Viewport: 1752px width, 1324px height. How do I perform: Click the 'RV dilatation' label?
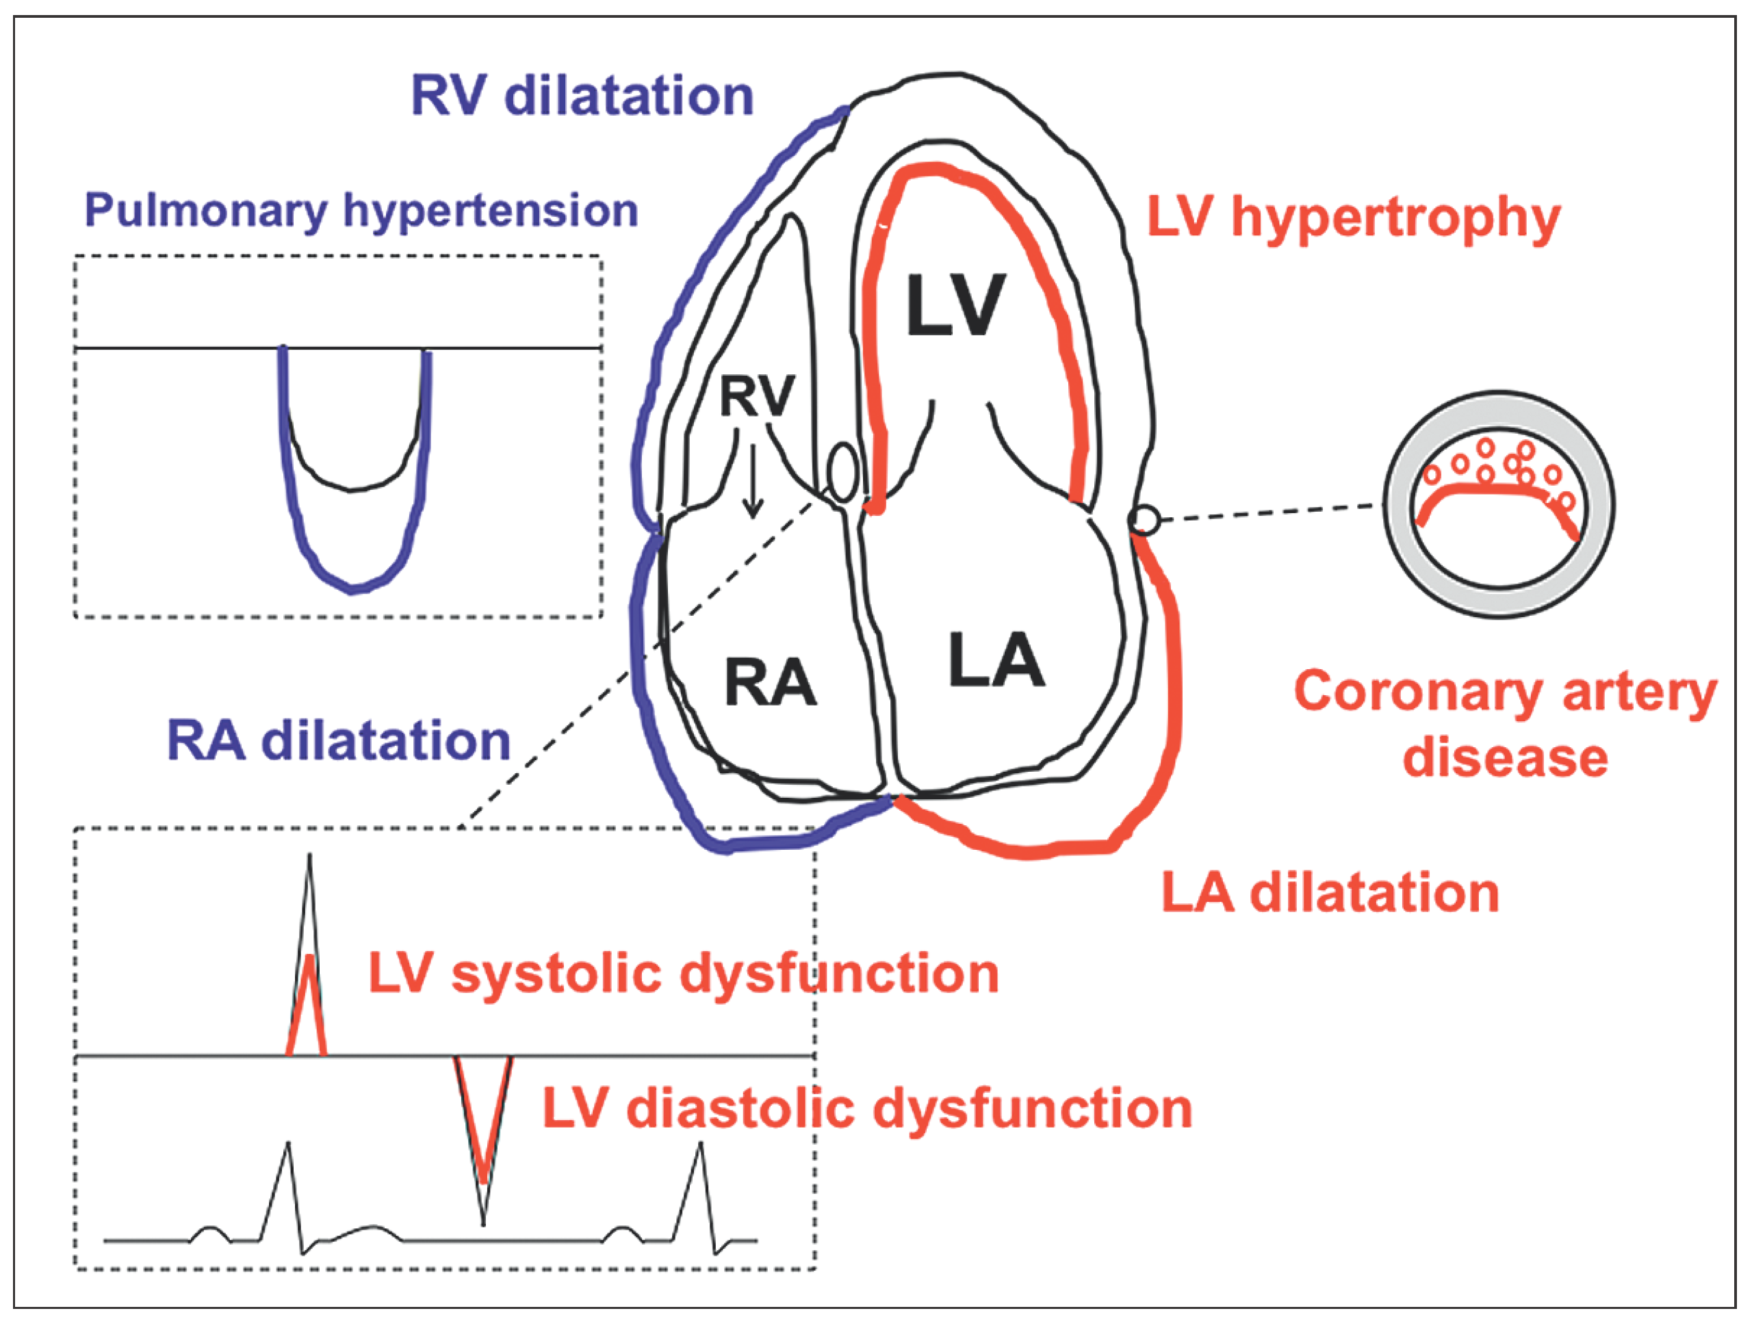582,96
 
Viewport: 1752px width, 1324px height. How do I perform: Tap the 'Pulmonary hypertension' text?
361,211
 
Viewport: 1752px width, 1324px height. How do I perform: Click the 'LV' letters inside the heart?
955,306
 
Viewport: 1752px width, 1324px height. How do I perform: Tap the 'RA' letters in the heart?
770,683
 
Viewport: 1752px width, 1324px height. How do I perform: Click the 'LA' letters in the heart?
996,660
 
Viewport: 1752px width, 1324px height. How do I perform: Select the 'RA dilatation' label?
338,741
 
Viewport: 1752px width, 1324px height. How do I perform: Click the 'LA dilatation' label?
1330,892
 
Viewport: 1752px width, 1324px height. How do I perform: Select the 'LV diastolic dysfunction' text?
867,1108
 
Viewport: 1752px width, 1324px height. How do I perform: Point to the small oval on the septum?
842,473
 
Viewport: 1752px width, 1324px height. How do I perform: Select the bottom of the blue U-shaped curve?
353,589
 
